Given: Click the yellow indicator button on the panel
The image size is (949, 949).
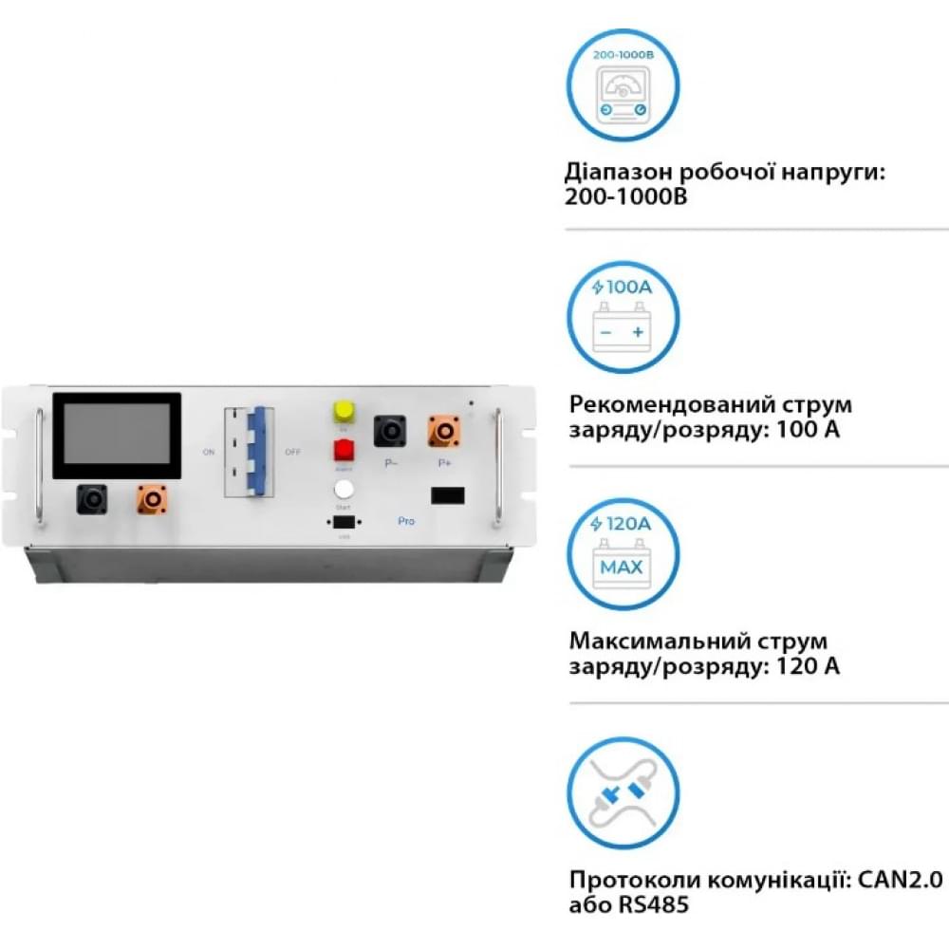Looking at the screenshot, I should (343, 411).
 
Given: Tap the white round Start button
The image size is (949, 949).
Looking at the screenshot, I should (344, 490).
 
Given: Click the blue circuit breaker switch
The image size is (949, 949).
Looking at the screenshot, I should (254, 451).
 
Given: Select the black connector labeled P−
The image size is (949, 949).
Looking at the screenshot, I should (390, 431).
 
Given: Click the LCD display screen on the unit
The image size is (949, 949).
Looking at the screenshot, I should (117, 436).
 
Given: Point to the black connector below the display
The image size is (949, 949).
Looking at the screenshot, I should (92, 498).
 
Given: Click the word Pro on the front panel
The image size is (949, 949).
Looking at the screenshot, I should (406, 522).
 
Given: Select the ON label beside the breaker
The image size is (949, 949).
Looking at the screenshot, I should (209, 452).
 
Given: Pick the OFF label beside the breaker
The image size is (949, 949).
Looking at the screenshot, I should (293, 452).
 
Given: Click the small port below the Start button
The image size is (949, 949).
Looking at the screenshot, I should (344, 524).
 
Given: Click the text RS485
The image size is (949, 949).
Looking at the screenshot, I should (629, 903).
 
